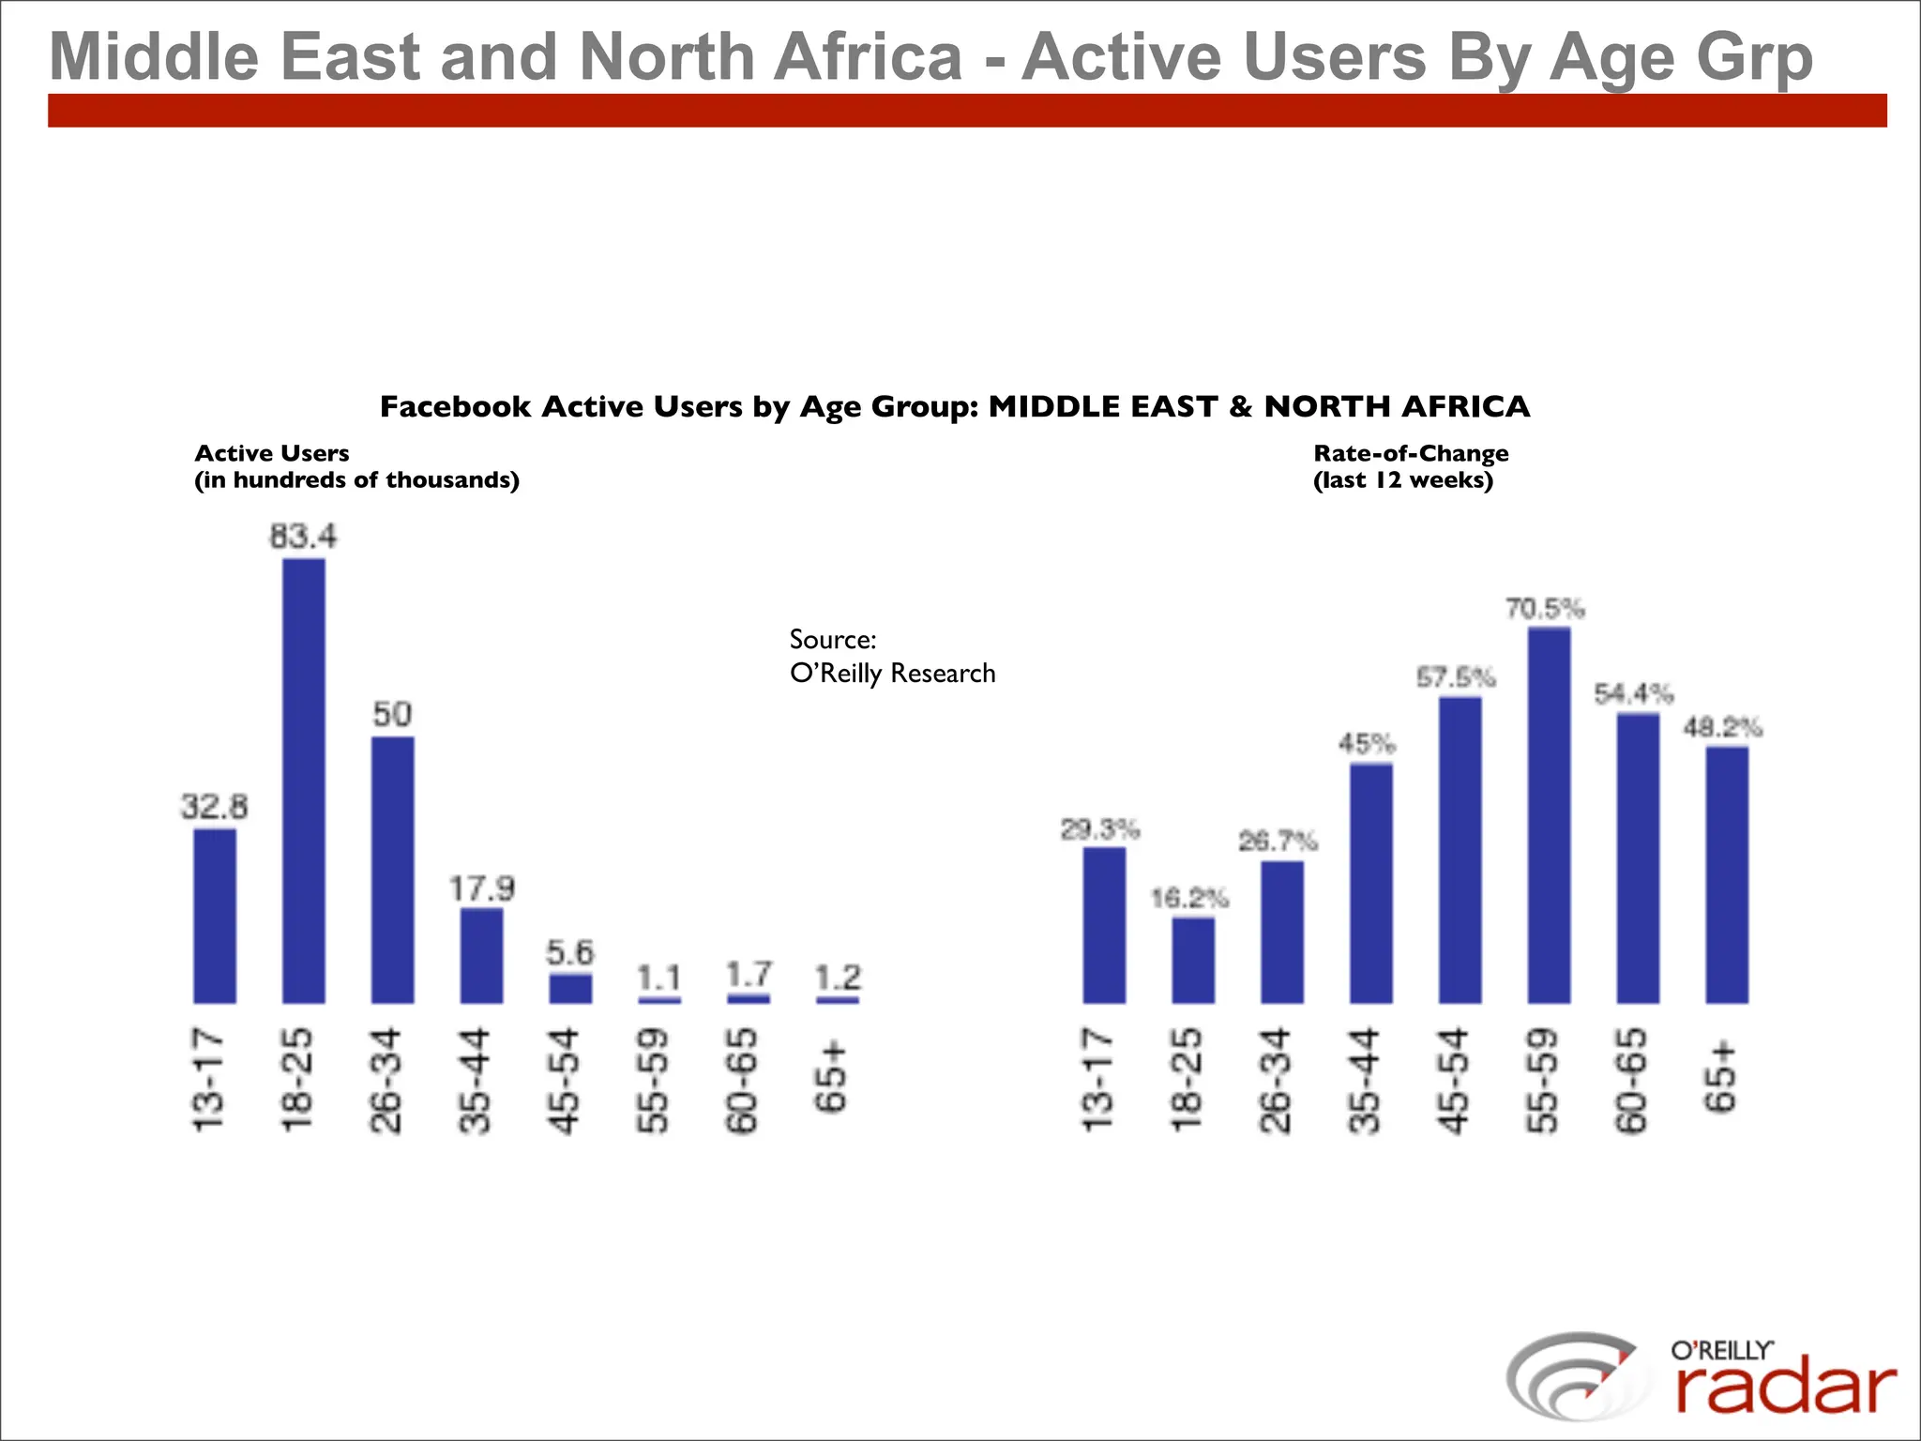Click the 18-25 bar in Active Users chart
tap(304, 781)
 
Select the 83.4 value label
tap(303, 537)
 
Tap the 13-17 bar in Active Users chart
tap(215, 916)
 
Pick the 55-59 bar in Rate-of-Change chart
tap(1549, 815)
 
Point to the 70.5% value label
tap(1545, 609)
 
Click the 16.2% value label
tap(1189, 899)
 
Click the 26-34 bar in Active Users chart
tap(392, 870)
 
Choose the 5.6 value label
tap(570, 953)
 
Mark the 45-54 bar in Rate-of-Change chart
tap(1460, 850)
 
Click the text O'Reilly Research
tap(892, 674)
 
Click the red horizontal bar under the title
tap(966, 111)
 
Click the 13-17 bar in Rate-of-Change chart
tap(1104, 925)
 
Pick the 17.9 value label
tap(481, 887)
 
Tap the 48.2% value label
tap(1723, 727)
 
